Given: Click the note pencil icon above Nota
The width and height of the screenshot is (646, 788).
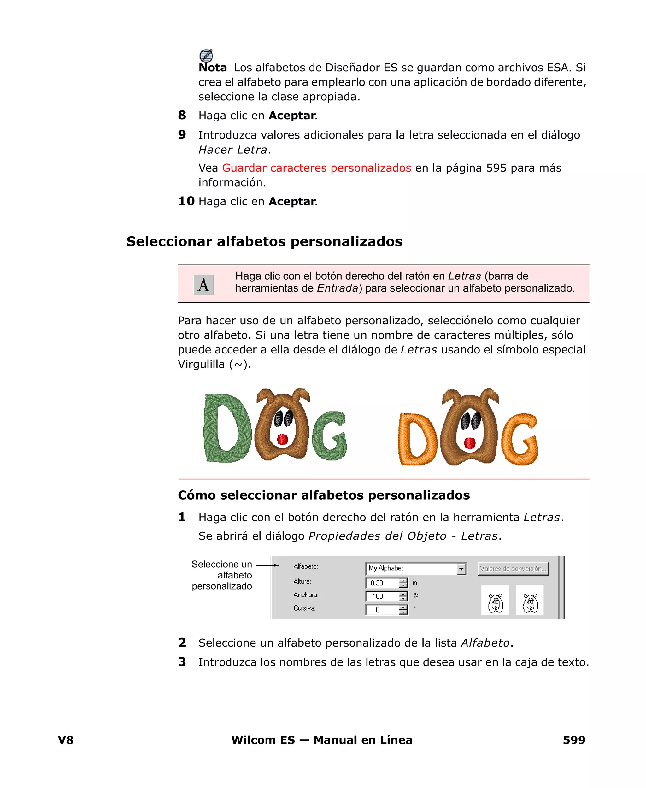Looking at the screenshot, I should point(206,56).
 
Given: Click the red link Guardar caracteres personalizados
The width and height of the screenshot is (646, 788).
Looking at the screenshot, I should point(316,168).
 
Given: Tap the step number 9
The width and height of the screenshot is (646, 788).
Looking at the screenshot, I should point(182,134).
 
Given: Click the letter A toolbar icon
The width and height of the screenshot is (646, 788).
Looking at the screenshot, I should point(203,285).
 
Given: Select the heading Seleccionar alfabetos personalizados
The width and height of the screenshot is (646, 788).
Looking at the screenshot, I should point(264,241).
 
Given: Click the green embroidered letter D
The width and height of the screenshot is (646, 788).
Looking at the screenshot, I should point(226,428).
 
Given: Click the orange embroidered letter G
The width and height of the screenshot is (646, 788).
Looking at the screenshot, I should point(519,439).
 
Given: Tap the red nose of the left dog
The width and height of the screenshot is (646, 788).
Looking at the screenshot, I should point(282,440).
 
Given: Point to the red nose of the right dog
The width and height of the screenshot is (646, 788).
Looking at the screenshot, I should point(470,443).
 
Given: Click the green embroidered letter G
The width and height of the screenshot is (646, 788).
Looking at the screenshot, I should point(329,435).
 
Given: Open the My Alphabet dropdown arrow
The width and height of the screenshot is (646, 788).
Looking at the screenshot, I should point(461,569).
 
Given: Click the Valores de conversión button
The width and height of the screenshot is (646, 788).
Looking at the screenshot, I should point(513,568).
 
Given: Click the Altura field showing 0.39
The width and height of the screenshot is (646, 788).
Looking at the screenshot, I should point(382,583).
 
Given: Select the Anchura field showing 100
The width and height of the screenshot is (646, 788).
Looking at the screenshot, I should point(382,596).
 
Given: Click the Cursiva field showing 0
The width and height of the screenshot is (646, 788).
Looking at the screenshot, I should point(382,610).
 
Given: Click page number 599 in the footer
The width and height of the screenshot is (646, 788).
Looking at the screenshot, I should point(574,740).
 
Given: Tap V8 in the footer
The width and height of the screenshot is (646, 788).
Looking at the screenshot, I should point(66,740).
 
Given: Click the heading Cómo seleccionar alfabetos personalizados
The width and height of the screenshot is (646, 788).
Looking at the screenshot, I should point(324,495).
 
